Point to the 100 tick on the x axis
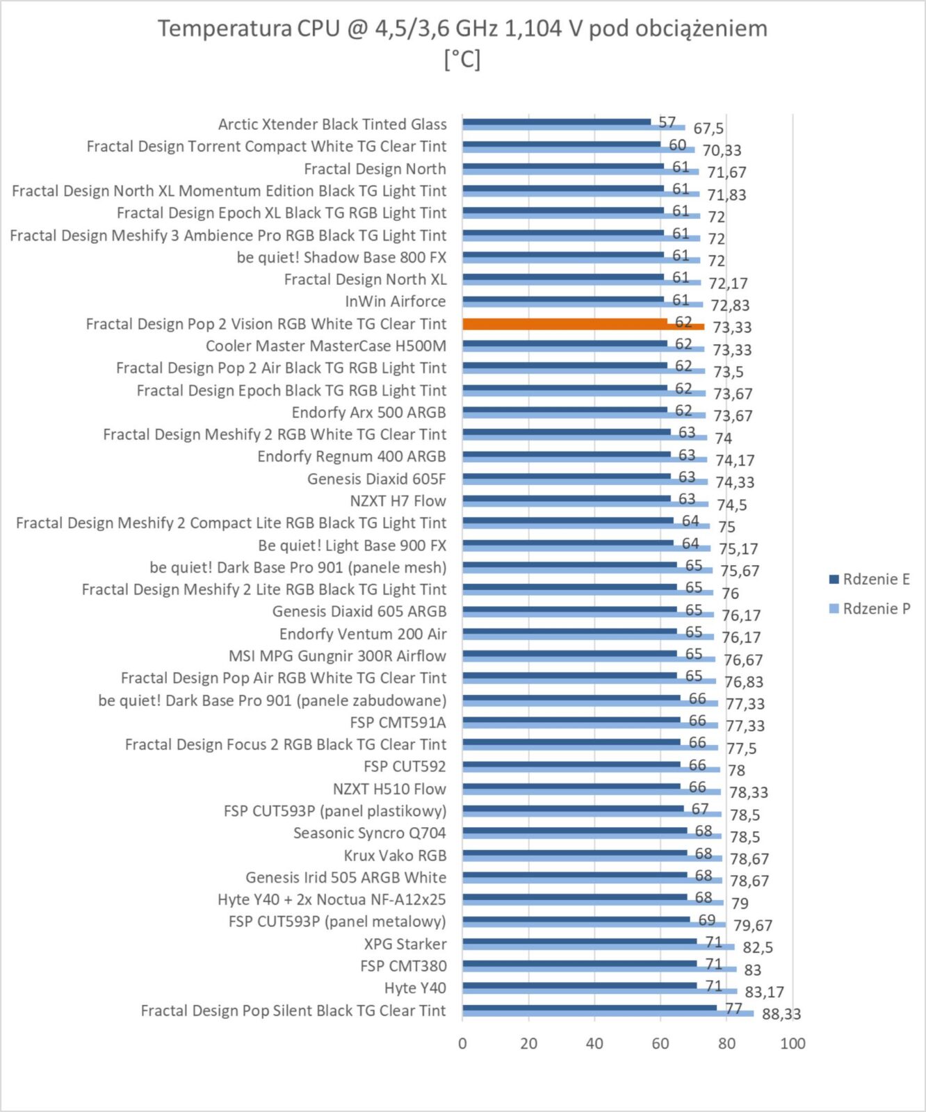pos(793,1044)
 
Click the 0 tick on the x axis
pos(462,1044)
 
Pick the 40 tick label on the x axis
pos(594,1044)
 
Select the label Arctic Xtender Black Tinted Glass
pos(332,124)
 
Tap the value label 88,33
pos(781,1014)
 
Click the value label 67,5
pos(708,129)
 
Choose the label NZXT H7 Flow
pos(398,501)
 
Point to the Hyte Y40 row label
pos(415,988)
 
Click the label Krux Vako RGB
pos(395,856)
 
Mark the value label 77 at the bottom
pos(734,1008)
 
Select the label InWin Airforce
pos(396,302)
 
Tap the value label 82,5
pos(758,947)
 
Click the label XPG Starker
pos(405,944)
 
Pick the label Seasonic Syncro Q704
pos(370,833)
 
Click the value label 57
pos(667,122)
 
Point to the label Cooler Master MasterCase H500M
pos(326,346)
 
